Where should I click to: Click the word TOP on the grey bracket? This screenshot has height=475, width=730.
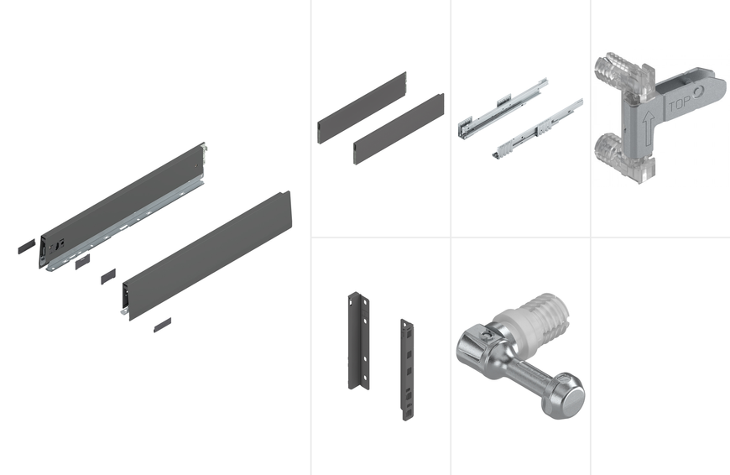680,104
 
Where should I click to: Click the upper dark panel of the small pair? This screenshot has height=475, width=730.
362,107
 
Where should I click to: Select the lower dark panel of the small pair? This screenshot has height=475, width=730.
399,129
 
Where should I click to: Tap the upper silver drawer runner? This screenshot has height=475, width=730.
503,108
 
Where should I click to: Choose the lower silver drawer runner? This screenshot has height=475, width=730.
538,128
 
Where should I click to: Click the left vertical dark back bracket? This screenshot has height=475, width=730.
358,341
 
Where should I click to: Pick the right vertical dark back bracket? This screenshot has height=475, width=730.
407,370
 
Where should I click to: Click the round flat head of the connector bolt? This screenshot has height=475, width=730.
570,397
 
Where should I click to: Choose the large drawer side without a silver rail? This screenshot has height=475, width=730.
206,255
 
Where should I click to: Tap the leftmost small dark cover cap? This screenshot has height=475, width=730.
27,247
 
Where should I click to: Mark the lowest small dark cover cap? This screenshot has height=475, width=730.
163,325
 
